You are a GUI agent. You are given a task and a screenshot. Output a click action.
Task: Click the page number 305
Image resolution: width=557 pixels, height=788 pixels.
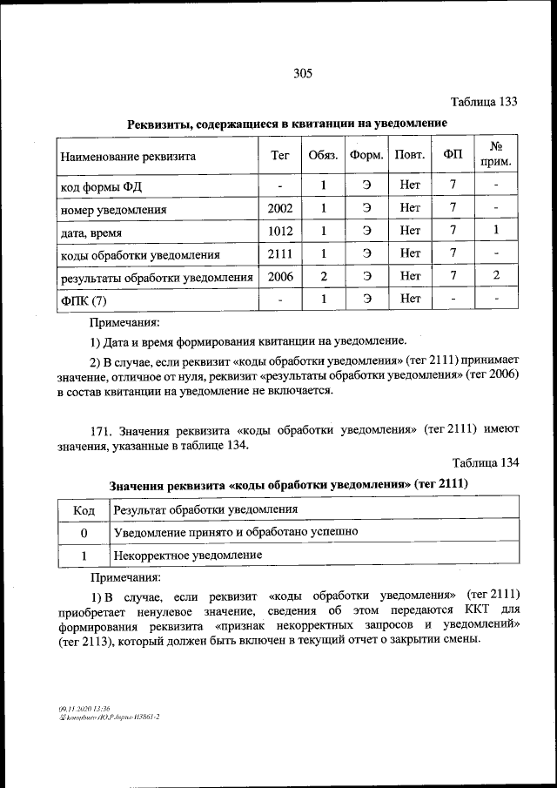(303, 73)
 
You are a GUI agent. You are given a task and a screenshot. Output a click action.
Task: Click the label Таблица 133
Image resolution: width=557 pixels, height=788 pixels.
(483, 102)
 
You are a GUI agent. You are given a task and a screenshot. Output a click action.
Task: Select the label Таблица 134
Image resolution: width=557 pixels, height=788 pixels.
(485, 462)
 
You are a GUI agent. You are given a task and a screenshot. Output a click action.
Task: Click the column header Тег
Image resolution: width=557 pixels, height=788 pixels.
(280, 156)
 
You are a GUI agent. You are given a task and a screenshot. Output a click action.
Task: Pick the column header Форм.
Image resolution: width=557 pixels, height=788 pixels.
(366, 156)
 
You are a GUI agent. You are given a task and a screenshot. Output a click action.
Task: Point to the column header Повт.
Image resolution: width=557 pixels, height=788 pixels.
(409, 156)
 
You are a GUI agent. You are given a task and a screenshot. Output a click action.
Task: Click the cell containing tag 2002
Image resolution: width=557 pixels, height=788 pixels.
(280, 209)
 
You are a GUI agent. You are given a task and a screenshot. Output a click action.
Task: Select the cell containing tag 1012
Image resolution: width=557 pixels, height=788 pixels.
(280, 232)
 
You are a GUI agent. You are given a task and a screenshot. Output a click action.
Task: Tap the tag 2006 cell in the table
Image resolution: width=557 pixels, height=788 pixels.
(280, 277)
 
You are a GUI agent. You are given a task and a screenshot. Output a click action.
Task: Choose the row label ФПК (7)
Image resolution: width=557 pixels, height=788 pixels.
(83, 300)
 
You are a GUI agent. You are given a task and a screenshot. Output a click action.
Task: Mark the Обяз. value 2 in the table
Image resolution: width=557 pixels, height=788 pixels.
(322, 277)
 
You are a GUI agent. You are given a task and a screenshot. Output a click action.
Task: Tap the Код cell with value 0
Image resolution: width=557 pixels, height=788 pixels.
(84, 531)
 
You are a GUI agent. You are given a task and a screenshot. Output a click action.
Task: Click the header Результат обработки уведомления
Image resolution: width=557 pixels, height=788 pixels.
(205, 509)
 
